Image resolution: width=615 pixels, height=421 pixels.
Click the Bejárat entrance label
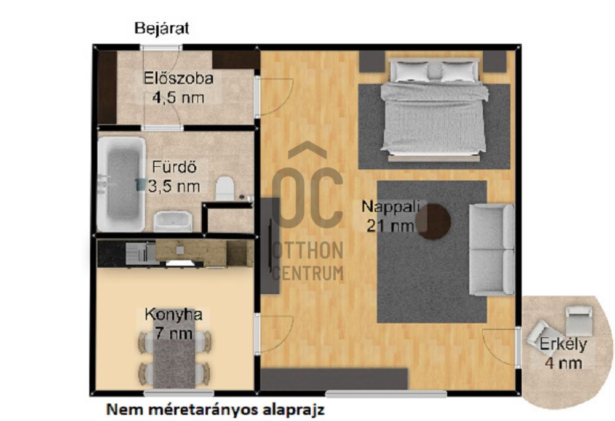(162, 29)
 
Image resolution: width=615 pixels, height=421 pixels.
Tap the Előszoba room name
(178, 78)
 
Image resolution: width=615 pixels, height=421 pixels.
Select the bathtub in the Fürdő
(121, 184)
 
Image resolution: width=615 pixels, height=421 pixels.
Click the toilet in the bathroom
(225, 188)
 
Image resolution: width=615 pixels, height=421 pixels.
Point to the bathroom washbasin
(173, 222)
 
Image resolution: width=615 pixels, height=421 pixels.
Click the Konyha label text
(174, 315)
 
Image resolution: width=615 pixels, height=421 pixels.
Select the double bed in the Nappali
(434, 110)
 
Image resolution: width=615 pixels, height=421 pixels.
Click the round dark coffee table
(434, 222)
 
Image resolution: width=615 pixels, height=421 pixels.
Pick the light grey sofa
(492, 249)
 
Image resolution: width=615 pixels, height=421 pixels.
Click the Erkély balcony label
(563, 345)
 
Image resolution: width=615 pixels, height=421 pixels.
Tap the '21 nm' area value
(390, 226)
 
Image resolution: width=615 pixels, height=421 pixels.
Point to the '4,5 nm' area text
(178, 97)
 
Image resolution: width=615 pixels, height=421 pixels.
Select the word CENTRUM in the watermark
(307, 273)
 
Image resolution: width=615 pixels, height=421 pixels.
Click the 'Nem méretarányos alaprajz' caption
(215, 410)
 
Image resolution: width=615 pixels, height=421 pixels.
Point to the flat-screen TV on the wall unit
(270, 246)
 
